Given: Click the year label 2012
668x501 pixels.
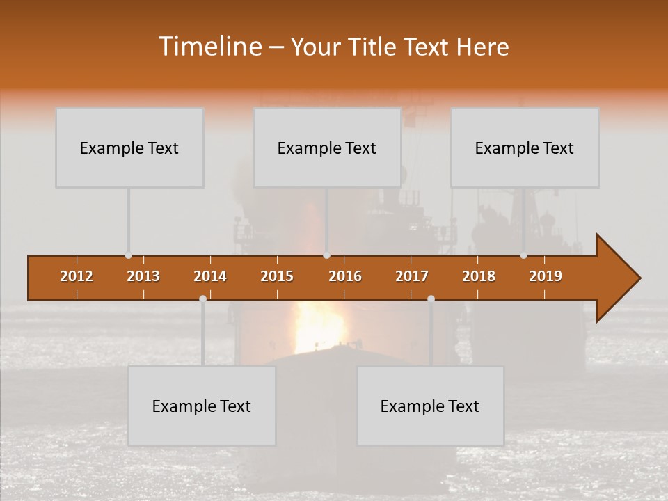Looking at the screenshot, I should (77, 276).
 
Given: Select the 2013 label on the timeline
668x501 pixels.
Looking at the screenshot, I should (143, 276).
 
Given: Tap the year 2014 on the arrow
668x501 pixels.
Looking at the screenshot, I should (210, 276).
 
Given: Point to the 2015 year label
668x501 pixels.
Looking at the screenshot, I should (277, 276).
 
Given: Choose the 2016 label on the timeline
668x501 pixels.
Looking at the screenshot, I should (345, 276).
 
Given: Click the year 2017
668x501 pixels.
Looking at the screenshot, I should (412, 276).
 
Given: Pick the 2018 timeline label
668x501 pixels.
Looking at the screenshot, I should (479, 276).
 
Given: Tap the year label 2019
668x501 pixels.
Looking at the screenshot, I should (546, 276).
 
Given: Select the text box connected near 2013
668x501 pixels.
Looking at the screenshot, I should (129, 148).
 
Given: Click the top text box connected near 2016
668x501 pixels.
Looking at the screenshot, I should (327, 148).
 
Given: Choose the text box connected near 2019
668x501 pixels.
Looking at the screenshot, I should (525, 148).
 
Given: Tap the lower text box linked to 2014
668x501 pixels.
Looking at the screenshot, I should (202, 406).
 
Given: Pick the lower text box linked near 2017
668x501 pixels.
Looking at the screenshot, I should (430, 406).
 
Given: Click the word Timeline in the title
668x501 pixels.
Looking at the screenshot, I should (208, 47).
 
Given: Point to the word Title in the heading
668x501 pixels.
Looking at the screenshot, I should (374, 47).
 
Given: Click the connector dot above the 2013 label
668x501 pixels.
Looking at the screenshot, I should (128, 255).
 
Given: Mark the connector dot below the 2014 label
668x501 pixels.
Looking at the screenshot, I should (202, 299).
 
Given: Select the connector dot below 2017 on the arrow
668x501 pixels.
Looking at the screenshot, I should (431, 299).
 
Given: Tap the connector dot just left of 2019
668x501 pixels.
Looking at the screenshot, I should (523, 255).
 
